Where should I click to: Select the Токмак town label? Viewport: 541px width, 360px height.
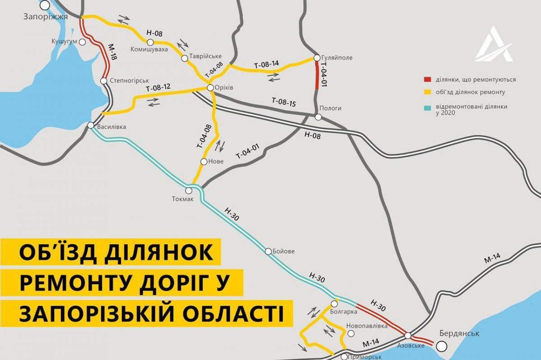pyautogui.click(x=183, y=200)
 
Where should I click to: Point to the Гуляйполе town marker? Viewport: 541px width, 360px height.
pyautogui.click(x=316, y=58)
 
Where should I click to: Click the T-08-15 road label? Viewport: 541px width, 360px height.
pyautogui.click(x=284, y=102)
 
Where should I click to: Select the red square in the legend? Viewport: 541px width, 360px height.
pyautogui.click(x=426, y=80)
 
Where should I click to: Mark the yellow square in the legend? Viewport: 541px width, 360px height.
pyautogui.click(x=426, y=92)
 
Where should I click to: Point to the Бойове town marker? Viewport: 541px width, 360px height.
pyautogui.click(x=268, y=251)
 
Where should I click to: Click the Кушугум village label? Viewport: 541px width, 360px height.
pyautogui.click(x=64, y=41)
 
